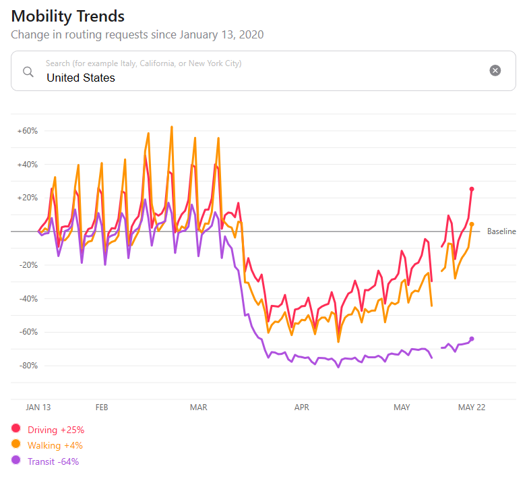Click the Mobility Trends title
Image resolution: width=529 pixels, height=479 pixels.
pyautogui.click(x=68, y=16)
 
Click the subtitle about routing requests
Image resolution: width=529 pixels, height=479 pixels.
pyautogui.click(x=137, y=34)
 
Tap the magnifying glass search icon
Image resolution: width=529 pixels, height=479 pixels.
pyautogui.click(x=28, y=72)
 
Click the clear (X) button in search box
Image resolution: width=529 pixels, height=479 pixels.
pyautogui.click(x=495, y=71)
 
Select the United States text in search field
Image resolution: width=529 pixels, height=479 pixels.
pyautogui.click(x=81, y=78)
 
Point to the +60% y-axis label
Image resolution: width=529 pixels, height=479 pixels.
pyautogui.click(x=28, y=131)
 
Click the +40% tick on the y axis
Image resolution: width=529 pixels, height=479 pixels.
pyautogui.click(x=28, y=165)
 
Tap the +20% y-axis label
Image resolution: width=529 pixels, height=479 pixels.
pyautogui.click(x=28, y=198)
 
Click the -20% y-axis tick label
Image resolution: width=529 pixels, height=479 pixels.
pyautogui.click(x=28, y=265)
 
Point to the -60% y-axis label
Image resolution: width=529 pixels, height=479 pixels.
pyautogui.click(x=28, y=332)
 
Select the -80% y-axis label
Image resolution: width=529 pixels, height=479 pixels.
pyautogui.click(x=28, y=366)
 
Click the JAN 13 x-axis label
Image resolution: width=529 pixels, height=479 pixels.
pyautogui.click(x=38, y=407)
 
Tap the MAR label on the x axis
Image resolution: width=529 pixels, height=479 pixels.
pyautogui.click(x=199, y=407)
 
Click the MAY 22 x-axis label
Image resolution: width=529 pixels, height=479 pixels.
pyautogui.click(x=472, y=407)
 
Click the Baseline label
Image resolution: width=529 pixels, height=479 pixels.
pyautogui.click(x=501, y=231)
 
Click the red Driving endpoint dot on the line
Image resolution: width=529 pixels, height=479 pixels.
pyautogui.click(x=472, y=189)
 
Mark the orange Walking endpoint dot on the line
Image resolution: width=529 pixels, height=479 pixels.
pyautogui.click(x=472, y=224)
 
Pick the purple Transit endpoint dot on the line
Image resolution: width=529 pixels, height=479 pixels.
pyautogui.click(x=472, y=339)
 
